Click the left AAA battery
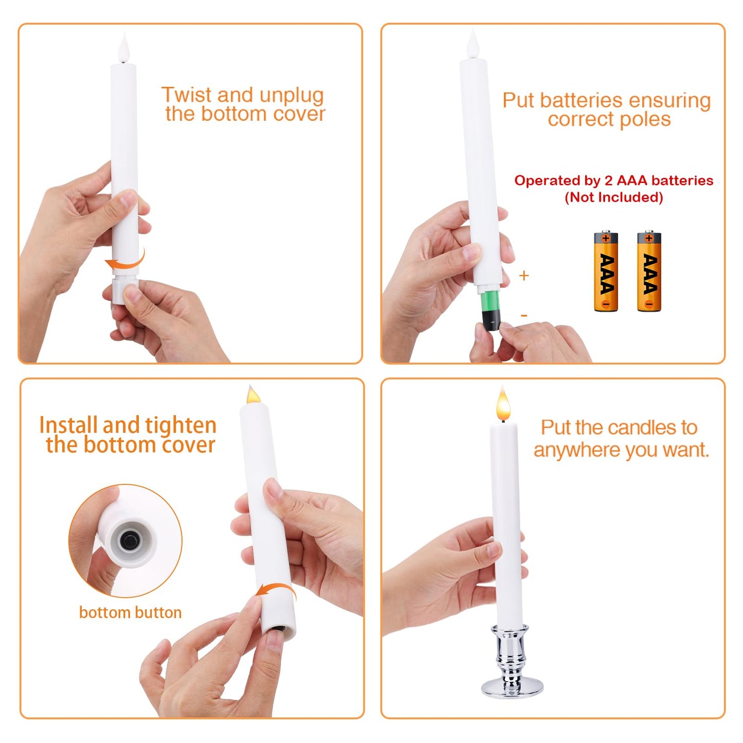606,271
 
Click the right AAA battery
649,271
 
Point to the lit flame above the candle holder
503,405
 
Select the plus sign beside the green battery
523,276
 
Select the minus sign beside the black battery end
523,315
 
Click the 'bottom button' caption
130,612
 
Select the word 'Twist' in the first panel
186,95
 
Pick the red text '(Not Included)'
613,197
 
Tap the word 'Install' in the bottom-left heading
68,425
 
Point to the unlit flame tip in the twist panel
124,48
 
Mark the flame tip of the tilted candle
252,395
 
